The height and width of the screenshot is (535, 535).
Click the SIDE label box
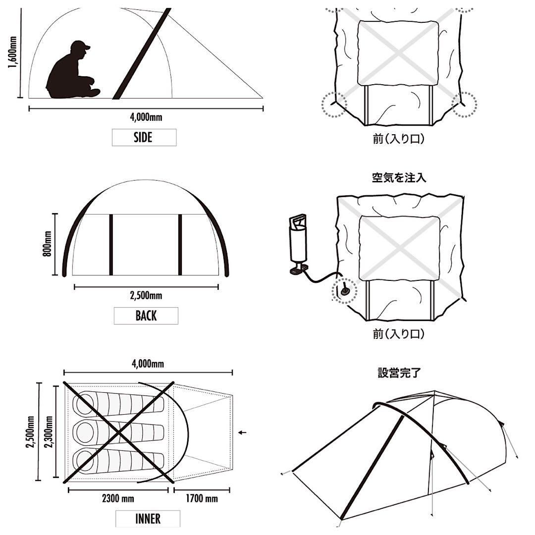click(x=144, y=138)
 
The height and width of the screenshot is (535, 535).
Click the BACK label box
click(x=146, y=316)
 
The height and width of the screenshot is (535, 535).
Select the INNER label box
click(x=148, y=519)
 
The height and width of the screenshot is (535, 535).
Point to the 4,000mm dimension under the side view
click(x=146, y=117)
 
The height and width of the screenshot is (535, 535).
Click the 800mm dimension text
click(x=48, y=244)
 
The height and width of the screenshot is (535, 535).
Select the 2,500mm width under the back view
click(x=146, y=296)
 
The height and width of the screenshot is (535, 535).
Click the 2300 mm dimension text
click(x=117, y=498)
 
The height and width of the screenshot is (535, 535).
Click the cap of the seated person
click(x=80, y=46)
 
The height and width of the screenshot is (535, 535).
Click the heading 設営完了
click(x=399, y=373)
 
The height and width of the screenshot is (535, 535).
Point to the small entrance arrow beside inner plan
click(x=242, y=432)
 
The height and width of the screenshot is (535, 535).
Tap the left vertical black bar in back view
click(x=111, y=245)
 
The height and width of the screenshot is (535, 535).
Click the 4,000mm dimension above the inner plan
click(x=148, y=364)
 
